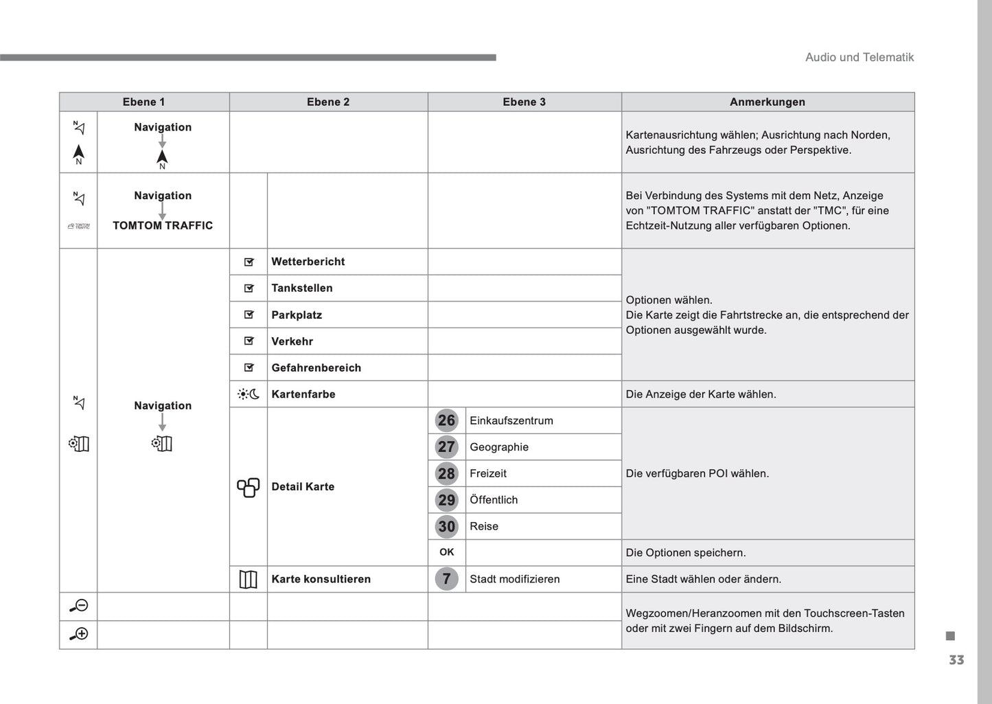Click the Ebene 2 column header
point(328,102)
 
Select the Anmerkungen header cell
point(767,102)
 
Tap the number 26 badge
point(446,420)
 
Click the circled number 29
point(446,500)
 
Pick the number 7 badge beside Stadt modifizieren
point(446,579)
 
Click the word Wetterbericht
point(308,262)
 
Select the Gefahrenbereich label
point(316,367)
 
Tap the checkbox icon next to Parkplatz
point(249,315)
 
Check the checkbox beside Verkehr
point(249,341)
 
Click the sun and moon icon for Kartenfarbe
point(248,394)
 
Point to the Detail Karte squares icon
point(248,487)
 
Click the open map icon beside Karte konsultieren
point(248,580)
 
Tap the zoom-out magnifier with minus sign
point(78,606)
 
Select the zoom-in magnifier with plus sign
point(78,634)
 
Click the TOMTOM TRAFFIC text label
point(163,225)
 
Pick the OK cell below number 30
point(446,552)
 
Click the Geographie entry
point(499,447)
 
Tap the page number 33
point(956,660)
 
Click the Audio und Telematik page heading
point(859,58)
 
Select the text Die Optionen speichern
point(685,553)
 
